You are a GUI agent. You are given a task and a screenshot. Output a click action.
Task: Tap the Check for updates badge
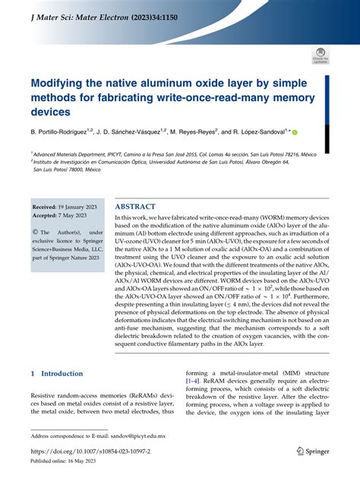pos(319,55)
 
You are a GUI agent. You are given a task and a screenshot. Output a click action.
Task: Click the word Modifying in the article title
pos(63,82)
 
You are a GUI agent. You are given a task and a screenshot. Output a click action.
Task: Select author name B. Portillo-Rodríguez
pos(64,132)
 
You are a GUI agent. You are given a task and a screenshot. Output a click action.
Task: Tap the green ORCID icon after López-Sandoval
pos(316,132)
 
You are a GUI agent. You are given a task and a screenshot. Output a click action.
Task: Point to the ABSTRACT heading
pos(135,207)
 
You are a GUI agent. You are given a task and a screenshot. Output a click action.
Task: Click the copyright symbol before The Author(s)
pos(35,232)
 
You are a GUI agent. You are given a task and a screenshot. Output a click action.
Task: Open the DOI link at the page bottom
pos(90,451)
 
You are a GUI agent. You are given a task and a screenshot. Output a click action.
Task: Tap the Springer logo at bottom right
pos(312,451)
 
